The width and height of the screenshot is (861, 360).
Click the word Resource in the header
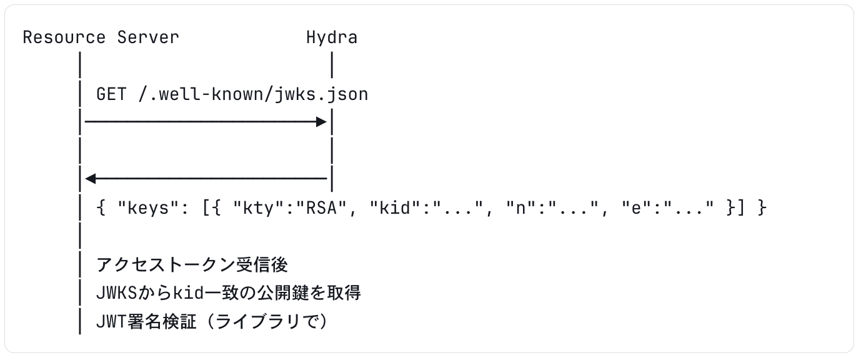click(x=64, y=37)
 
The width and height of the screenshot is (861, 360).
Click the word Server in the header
click(x=148, y=37)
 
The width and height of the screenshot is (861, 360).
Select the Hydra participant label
click(x=332, y=37)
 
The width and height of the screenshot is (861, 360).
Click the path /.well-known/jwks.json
click(x=253, y=94)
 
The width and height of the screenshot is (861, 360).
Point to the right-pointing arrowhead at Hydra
click(x=322, y=122)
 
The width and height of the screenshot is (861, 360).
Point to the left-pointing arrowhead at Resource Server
click(x=90, y=179)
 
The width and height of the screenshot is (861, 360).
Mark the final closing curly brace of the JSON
click(x=762, y=208)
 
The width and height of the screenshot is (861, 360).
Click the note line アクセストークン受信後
click(x=192, y=265)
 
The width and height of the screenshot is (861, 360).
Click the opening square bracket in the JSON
click(x=206, y=208)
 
